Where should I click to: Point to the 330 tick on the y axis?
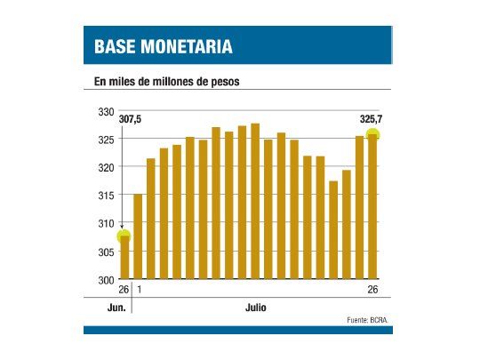(x=104, y=111)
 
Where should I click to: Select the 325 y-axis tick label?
(x=104, y=140)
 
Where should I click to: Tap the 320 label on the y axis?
(x=104, y=168)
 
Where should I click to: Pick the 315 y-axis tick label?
(x=104, y=196)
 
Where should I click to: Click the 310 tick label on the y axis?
(x=104, y=224)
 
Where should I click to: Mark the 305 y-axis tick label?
(x=104, y=252)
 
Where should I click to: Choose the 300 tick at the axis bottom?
(x=104, y=280)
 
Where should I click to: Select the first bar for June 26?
(x=124, y=258)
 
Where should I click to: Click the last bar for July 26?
(x=372, y=209)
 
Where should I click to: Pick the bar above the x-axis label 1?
(x=138, y=236)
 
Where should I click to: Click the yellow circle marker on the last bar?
(x=372, y=135)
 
